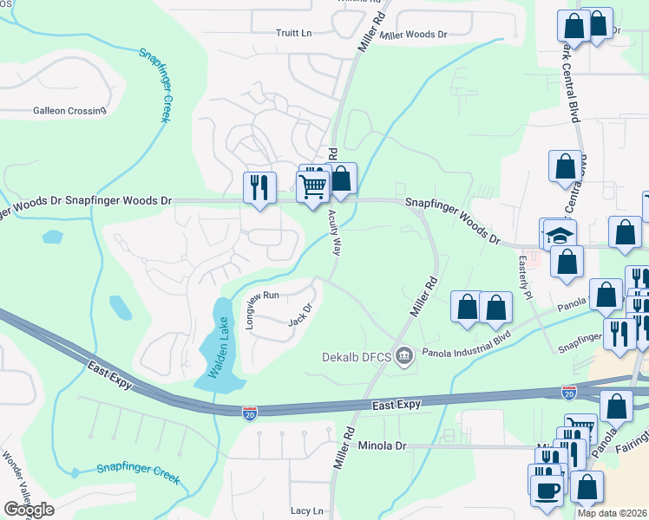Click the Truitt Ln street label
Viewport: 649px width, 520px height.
click(x=293, y=33)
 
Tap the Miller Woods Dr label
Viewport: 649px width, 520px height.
click(x=413, y=36)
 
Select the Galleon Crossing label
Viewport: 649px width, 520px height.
click(x=69, y=110)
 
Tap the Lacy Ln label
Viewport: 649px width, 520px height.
click(x=307, y=511)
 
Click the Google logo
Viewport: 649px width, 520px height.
click(x=29, y=510)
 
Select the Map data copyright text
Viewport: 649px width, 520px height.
click(x=613, y=513)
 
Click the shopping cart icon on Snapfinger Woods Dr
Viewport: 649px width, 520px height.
click(x=312, y=185)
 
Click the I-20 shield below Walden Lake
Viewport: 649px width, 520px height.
click(x=249, y=411)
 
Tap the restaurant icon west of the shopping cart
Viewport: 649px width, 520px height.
click(x=259, y=187)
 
